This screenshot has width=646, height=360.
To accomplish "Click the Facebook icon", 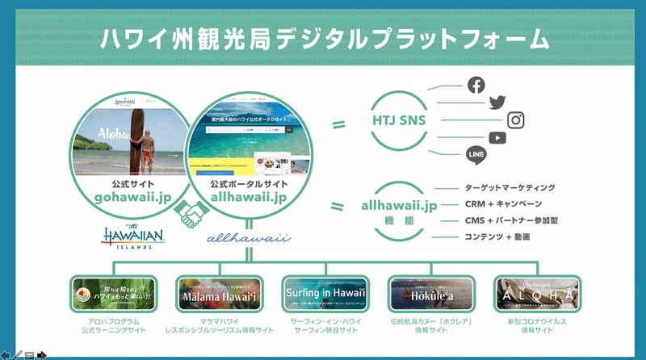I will pyautogui.click(x=476, y=85).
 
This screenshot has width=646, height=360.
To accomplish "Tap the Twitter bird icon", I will pyautogui.click(x=497, y=103).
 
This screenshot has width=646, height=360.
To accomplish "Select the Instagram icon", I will pyautogui.click(x=516, y=120).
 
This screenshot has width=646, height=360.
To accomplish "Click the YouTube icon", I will pyautogui.click(x=497, y=138).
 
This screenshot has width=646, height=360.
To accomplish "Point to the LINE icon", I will pyautogui.click(x=476, y=155).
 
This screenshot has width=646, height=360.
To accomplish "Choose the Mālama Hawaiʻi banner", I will pyautogui.click(x=218, y=295).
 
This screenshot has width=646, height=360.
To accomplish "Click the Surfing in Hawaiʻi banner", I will pyautogui.click(x=324, y=295).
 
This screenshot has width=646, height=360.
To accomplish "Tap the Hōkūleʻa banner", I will pyautogui.click(x=429, y=295).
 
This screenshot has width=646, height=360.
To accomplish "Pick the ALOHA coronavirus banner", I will pyautogui.click(x=537, y=295).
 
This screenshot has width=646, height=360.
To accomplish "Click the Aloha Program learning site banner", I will pyautogui.click(x=112, y=295).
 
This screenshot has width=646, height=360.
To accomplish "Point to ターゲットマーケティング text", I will pyautogui.click(x=510, y=187).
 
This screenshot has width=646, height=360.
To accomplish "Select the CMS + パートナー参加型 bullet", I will pyautogui.click(x=511, y=220).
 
